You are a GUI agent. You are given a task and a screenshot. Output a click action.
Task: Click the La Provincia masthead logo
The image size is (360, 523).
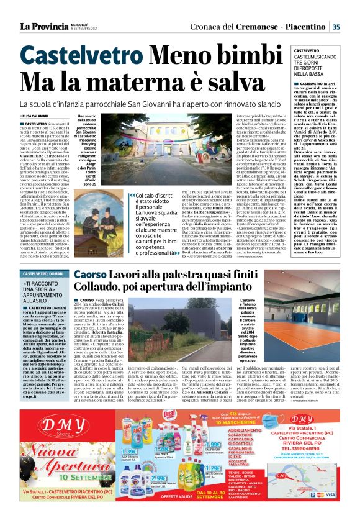(x=44, y=26)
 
